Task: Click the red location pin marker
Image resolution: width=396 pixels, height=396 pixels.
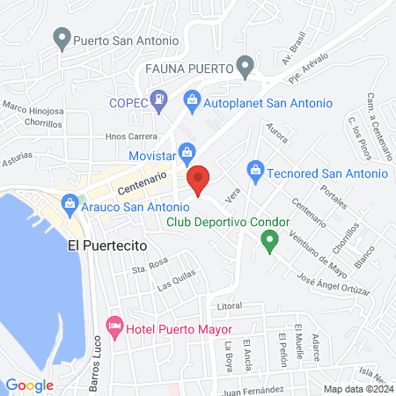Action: point(198,180)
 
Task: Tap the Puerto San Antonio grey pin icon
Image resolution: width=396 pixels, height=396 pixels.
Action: point(62,39)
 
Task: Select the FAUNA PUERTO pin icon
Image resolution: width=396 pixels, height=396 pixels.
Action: point(246,67)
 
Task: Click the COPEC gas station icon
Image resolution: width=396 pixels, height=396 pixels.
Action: point(158,101)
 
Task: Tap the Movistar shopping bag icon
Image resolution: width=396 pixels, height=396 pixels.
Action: point(186,152)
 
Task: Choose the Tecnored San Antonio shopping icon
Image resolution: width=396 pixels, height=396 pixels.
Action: point(255,167)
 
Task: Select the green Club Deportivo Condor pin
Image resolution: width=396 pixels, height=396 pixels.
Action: point(271,238)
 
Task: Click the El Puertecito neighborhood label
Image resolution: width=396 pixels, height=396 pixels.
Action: point(106,247)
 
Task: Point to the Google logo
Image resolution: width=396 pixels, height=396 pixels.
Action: point(30,385)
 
